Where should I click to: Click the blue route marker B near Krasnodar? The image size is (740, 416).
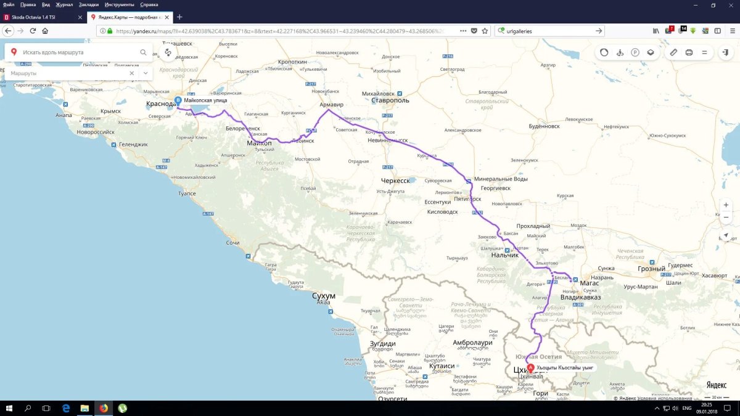tap(178, 100)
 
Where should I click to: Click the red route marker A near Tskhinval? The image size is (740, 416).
tap(531, 367)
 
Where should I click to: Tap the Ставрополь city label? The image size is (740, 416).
tap(390, 100)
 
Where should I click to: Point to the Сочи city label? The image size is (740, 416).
tap(232, 243)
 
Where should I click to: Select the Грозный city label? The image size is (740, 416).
tap(651, 269)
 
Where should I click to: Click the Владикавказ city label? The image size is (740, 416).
tap(580, 298)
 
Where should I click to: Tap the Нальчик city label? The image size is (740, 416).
tap(504, 255)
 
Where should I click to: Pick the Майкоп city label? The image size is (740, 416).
tap(259, 143)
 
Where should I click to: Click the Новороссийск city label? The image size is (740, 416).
tap(96, 132)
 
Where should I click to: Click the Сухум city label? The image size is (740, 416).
tap(324, 296)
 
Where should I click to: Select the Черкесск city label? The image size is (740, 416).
tap(395, 181)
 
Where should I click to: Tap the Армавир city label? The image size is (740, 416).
tap(332, 105)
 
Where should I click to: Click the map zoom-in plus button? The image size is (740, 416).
tap(726, 205)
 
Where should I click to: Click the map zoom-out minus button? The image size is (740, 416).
tap(726, 217)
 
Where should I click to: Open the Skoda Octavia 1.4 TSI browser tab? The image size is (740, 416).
tap(40, 17)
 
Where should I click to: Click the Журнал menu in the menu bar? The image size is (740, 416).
tap(65, 4)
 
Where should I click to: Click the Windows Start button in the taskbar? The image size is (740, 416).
tap(9, 408)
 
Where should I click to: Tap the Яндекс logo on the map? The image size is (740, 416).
tap(717, 385)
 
